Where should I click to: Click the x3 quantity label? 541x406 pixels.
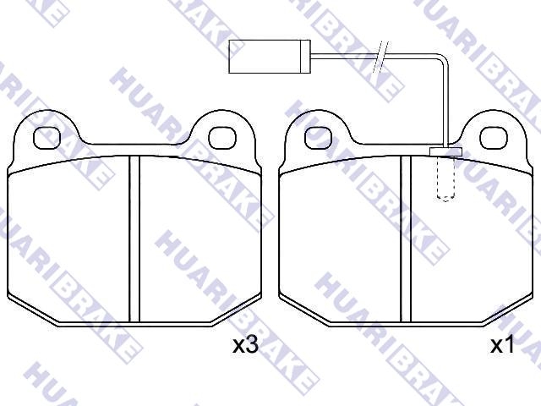tap(245, 344)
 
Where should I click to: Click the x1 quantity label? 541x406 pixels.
tap(502, 344)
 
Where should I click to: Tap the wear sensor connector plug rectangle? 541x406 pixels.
tap(270, 57)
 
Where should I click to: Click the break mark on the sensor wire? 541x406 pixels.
tap(381, 57)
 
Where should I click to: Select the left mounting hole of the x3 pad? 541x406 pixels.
tap(47, 138)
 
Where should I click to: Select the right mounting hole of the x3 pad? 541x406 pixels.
tap(222, 138)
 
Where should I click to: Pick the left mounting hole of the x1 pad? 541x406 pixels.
tap(319, 138)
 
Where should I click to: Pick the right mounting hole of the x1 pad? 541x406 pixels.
tap(494, 138)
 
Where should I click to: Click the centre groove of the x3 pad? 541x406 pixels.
tap(134, 239)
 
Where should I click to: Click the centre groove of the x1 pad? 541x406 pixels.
tap(406, 239)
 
